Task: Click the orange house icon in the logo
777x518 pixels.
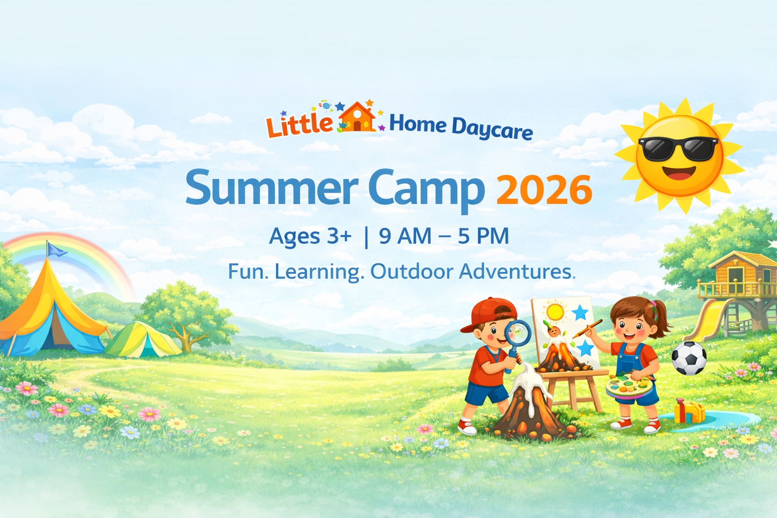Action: (357, 118)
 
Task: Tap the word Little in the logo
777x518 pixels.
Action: (299, 124)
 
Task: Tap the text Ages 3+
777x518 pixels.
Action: (310, 236)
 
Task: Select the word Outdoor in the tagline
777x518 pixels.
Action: (411, 272)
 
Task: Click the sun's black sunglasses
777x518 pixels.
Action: (678, 148)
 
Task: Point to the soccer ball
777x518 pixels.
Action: (688, 358)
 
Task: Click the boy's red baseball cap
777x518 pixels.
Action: (490, 313)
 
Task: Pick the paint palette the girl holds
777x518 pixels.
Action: (629, 386)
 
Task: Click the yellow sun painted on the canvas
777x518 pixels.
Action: (555, 311)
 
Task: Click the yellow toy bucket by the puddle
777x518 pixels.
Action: (689, 411)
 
